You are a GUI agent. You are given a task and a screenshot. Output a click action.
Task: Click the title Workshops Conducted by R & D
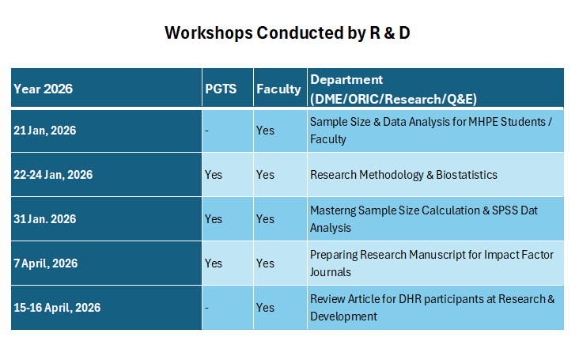point(287,33)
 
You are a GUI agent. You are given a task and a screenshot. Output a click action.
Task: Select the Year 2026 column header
point(44,89)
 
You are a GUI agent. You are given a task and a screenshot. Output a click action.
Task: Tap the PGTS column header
point(221,89)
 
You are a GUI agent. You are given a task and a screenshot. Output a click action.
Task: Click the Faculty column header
point(278,89)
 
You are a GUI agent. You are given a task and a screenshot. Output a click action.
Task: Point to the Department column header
point(394,89)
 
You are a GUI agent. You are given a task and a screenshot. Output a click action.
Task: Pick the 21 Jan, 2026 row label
point(44,131)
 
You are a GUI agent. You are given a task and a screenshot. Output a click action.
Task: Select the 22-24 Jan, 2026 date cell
point(53,175)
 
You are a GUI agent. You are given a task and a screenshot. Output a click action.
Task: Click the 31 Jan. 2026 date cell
point(44,219)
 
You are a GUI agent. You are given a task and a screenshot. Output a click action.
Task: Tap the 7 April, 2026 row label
point(46,263)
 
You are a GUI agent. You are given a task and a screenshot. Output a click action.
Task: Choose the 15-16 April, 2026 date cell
point(57,308)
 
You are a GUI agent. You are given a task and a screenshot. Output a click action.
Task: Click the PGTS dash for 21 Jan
point(206,131)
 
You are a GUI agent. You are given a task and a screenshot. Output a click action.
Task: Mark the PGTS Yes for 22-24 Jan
point(214,175)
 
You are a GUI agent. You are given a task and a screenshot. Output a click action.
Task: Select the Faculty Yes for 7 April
point(265,263)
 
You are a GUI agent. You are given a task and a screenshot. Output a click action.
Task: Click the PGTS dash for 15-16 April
point(206,308)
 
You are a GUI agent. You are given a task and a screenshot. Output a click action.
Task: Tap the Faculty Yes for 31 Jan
point(265,219)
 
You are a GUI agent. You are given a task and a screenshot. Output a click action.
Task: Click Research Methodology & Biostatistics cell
point(403,175)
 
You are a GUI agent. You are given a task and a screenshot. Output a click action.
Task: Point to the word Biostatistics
point(467,175)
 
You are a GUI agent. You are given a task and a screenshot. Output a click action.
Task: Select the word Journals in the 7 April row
point(331,272)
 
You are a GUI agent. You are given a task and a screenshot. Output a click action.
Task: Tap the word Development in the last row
point(343,316)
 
